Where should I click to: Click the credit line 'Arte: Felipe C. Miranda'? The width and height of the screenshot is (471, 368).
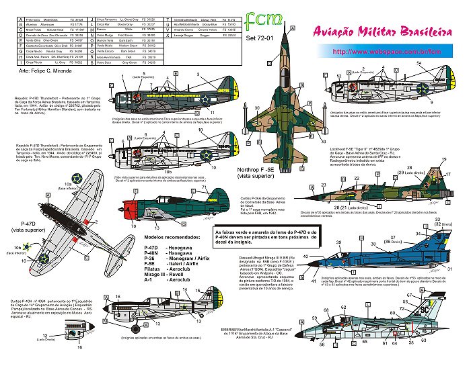coord(48,69)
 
